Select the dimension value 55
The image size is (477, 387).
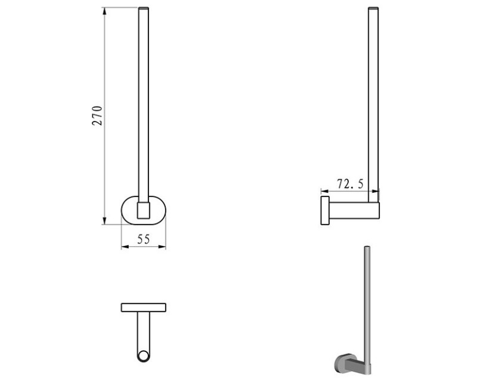(x=144, y=239)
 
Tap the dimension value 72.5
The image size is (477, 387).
(x=350, y=184)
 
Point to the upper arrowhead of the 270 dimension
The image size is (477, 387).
(x=105, y=11)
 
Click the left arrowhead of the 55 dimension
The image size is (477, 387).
(x=124, y=247)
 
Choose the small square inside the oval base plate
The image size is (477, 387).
(x=144, y=210)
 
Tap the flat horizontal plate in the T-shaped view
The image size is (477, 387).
(x=143, y=307)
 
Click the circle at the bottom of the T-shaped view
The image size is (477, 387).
(x=143, y=357)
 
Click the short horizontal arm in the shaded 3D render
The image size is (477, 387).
(x=357, y=364)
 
